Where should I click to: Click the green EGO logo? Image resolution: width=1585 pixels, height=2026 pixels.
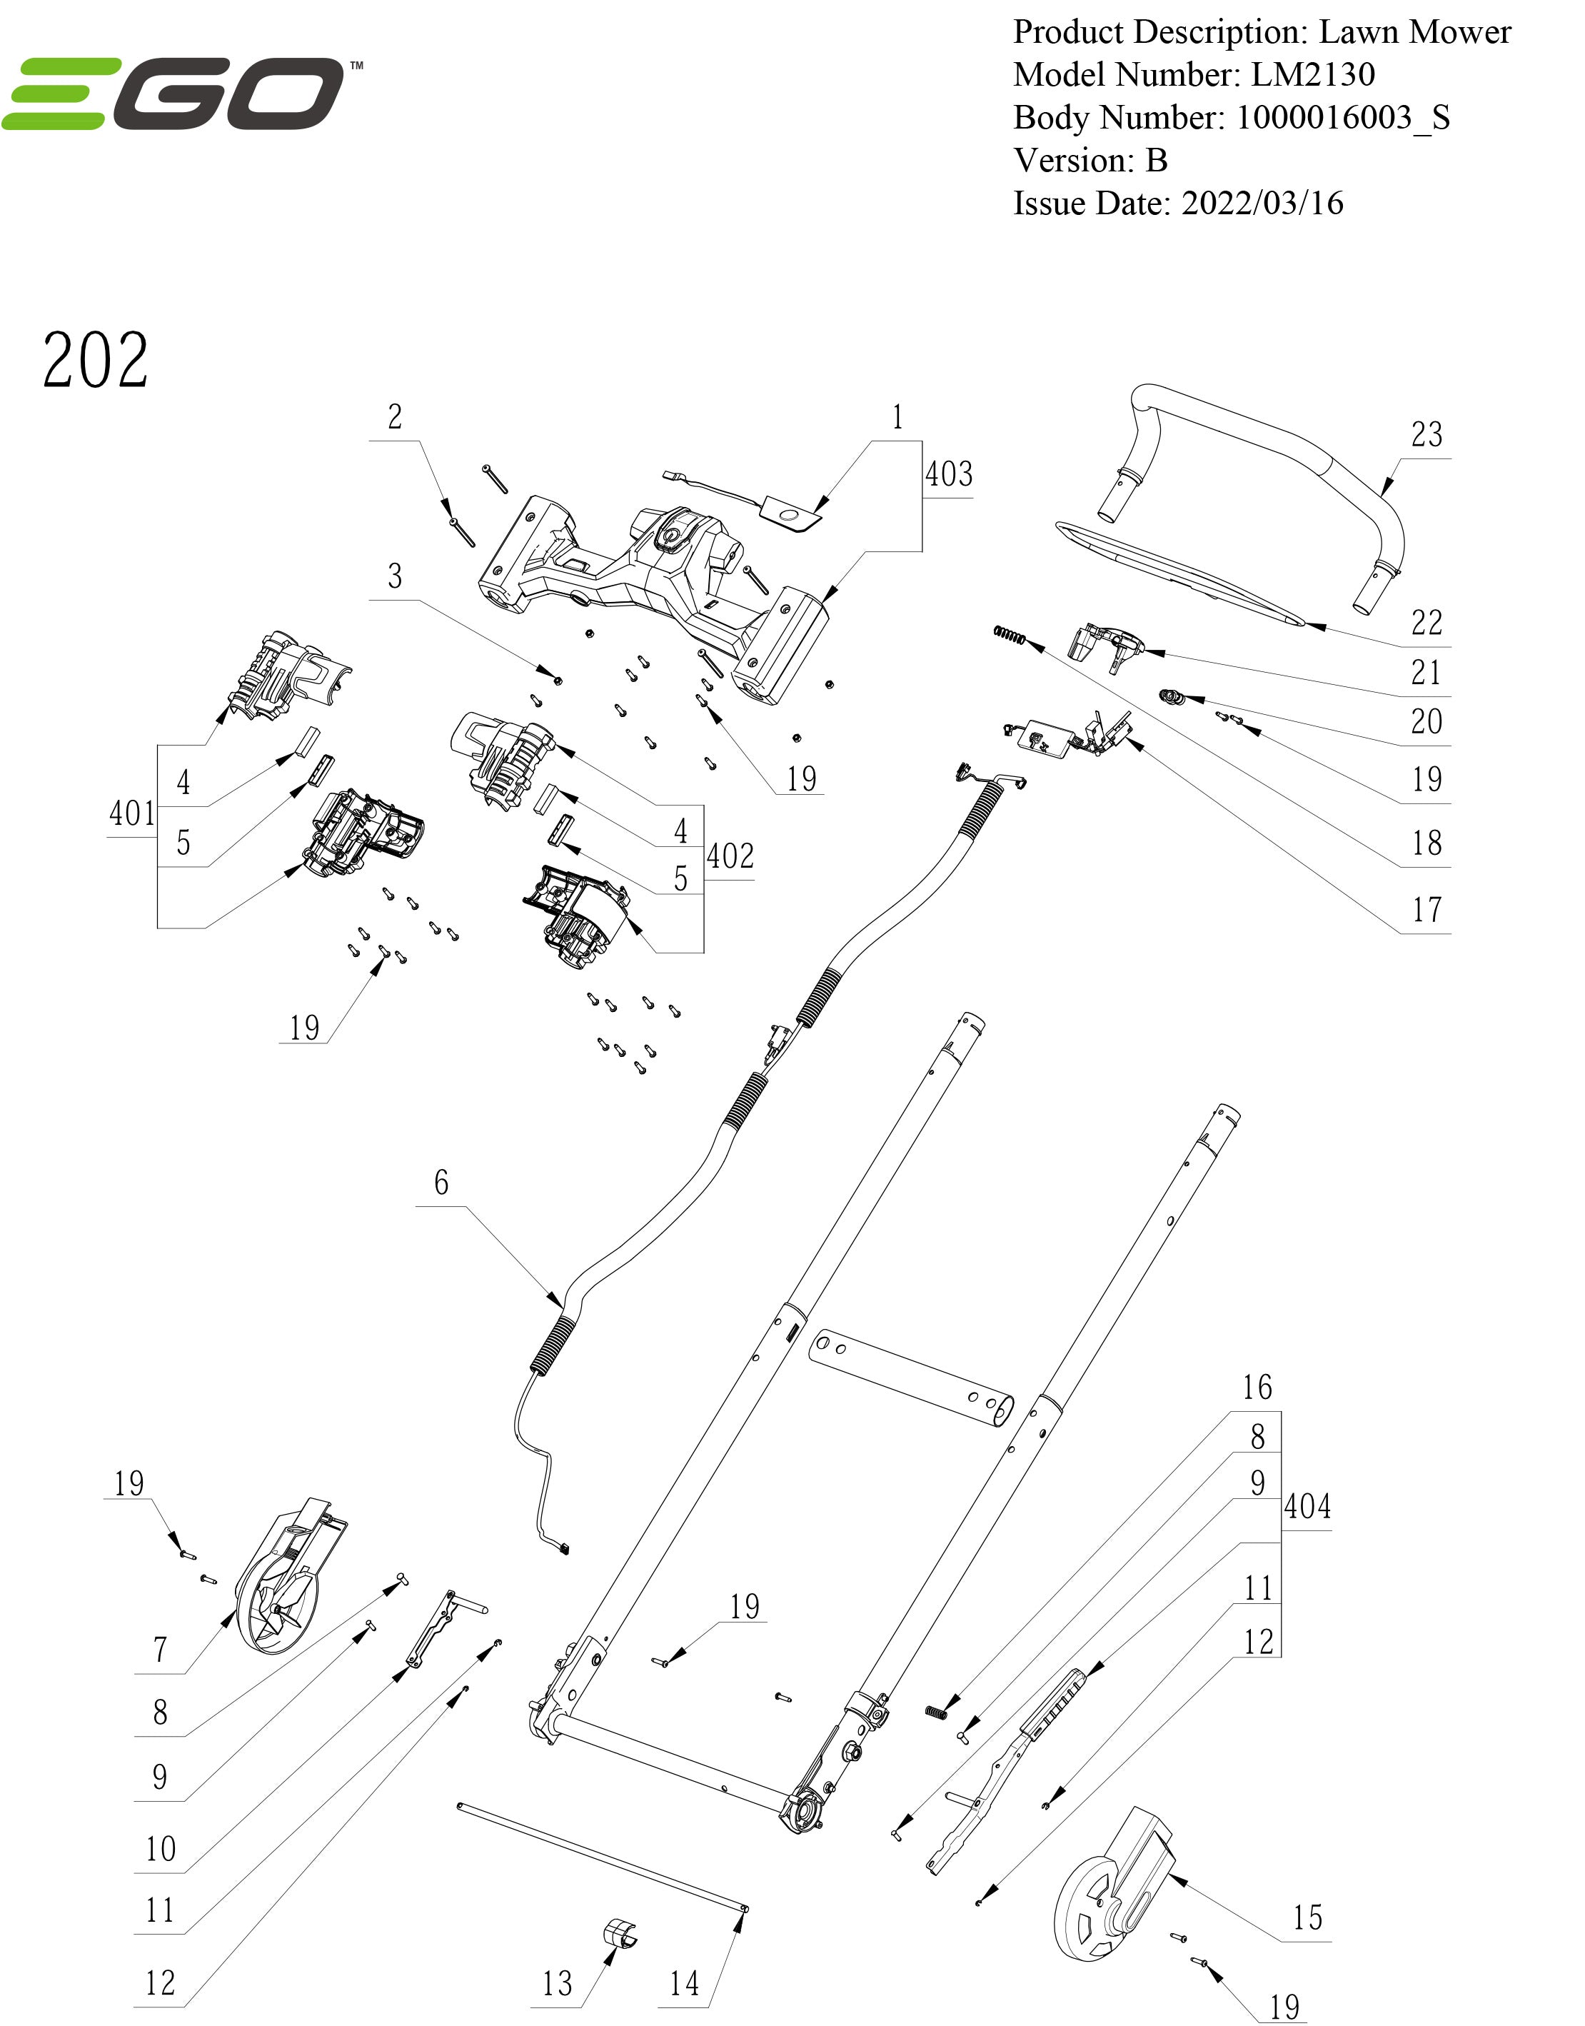(181, 93)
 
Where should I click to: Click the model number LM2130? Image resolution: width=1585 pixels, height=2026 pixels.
(1312, 75)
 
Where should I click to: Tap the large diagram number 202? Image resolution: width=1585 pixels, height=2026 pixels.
(95, 360)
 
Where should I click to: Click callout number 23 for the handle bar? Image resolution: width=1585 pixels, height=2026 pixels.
(1426, 434)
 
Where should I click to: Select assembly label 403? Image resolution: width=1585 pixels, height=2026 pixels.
(948, 474)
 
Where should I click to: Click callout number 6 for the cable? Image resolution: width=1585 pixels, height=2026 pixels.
(441, 1183)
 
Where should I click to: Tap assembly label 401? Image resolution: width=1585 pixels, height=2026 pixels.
(132, 814)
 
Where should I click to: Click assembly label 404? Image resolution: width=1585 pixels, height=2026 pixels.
(1307, 1506)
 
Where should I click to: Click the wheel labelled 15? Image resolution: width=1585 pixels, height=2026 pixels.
(1109, 1894)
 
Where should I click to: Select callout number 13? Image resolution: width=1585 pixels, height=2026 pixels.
(557, 1983)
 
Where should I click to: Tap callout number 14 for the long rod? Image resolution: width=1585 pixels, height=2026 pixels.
(684, 1983)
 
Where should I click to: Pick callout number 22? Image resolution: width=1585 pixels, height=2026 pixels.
(1426, 623)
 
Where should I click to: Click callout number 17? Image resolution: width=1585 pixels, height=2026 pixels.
(1426, 910)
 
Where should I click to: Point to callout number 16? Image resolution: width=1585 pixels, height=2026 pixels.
(1257, 1388)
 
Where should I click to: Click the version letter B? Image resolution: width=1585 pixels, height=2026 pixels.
(1157, 161)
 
